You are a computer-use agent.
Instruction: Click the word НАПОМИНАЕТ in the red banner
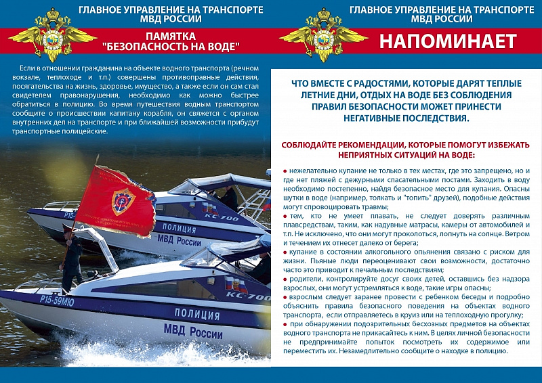point(447,41)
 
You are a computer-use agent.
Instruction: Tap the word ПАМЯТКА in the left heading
point(170,35)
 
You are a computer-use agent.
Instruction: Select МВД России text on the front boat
point(192,332)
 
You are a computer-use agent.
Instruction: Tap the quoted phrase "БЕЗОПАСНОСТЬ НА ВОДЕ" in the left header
point(170,47)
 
